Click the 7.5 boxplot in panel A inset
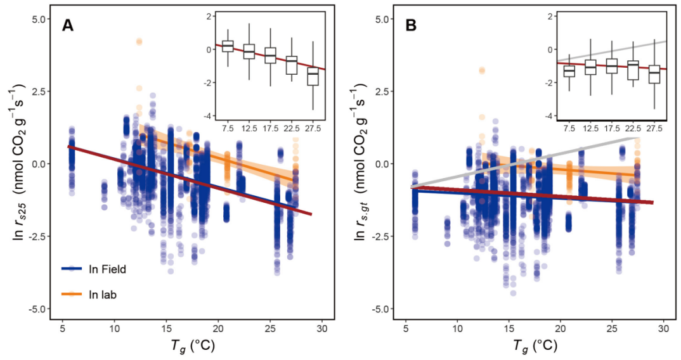click(228, 46)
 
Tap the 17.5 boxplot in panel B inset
click(612, 65)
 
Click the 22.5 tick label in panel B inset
click(633, 128)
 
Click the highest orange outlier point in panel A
click(139, 42)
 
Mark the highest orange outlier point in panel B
click(482, 70)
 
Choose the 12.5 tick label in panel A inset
click(249, 128)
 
